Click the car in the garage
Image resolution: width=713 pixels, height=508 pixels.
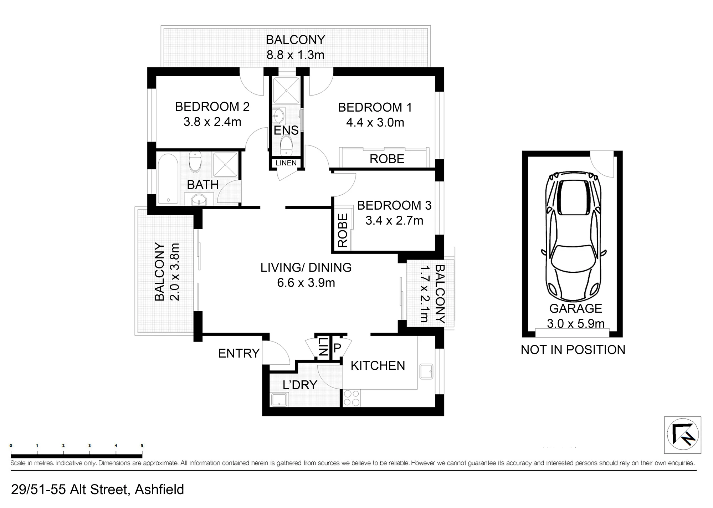[574, 237]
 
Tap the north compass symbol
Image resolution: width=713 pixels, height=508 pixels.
[683, 435]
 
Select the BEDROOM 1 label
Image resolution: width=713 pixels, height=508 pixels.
[375, 107]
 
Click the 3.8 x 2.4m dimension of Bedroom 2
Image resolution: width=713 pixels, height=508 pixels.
[212, 122]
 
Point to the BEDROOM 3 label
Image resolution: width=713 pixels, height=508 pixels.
[394, 205]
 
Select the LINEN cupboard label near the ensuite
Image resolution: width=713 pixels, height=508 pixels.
[286, 163]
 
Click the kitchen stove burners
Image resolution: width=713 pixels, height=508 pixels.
[352, 398]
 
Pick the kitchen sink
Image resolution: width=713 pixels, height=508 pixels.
[426, 372]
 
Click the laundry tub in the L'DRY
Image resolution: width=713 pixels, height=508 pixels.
[280, 400]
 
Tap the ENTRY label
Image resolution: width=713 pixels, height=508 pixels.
[239, 353]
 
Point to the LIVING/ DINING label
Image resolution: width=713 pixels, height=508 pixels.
[306, 268]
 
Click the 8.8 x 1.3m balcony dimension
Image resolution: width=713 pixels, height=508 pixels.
[296, 55]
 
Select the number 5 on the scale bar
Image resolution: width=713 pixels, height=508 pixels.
[142, 446]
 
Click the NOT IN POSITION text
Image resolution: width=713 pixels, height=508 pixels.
[573, 350]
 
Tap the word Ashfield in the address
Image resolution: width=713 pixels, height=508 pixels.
[159, 489]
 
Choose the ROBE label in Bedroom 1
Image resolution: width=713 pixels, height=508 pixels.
[387, 159]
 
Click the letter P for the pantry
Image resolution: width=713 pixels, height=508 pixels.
[337, 348]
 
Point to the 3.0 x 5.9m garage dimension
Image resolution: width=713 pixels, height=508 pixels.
[576, 324]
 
